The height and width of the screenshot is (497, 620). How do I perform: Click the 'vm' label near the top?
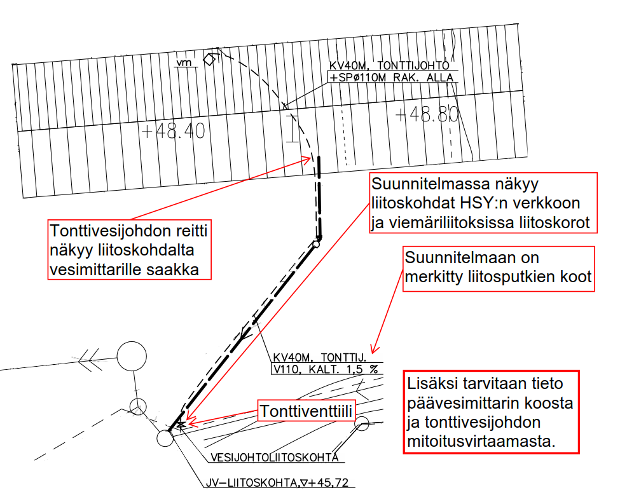click(x=184, y=63)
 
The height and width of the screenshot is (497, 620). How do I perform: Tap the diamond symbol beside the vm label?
click(x=209, y=60)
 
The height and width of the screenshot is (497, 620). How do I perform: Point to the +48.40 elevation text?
click(x=173, y=132)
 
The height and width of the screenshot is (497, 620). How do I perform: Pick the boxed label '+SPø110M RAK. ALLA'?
click(x=391, y=78)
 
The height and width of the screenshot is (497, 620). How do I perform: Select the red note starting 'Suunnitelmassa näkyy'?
click(x=483, y=204)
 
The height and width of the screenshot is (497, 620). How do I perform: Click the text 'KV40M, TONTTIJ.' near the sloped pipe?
click(x=319, y=357)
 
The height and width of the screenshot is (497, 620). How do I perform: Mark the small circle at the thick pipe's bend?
click(x=316, y=243)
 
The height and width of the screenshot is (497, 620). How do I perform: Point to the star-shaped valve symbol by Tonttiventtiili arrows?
click(x=181, y=424)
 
